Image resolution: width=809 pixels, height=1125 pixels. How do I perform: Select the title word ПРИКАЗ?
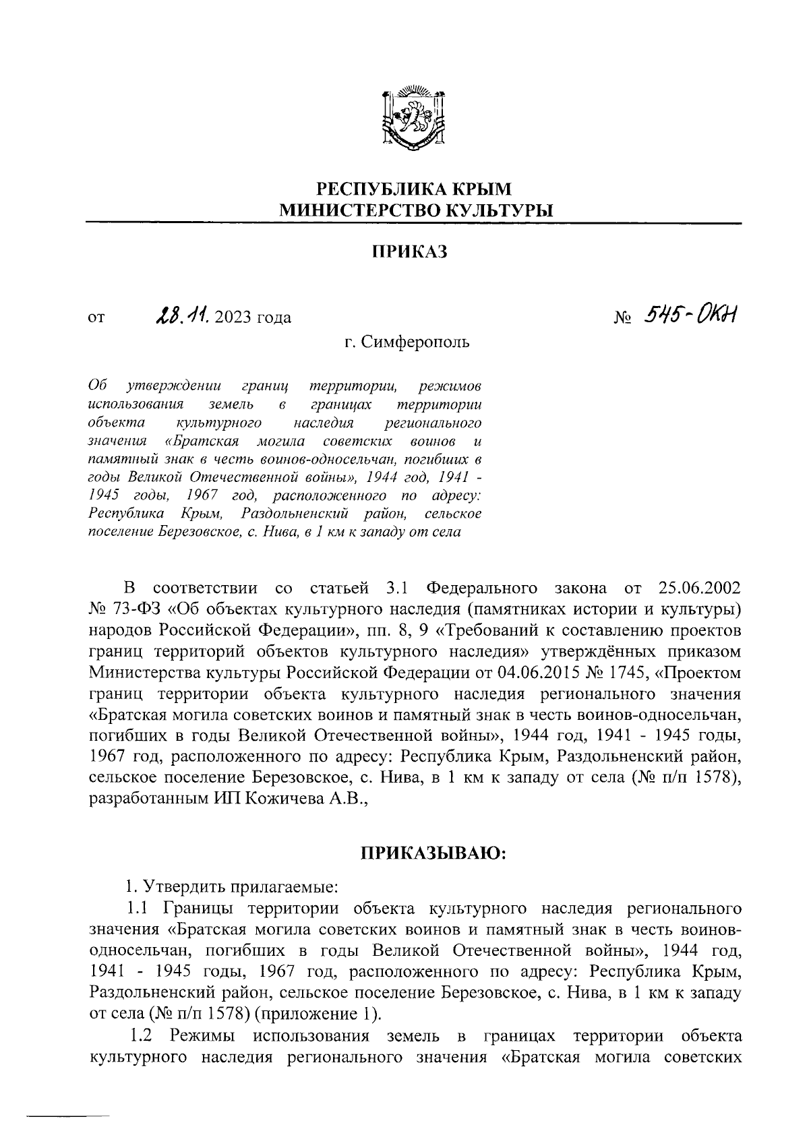(411, 252)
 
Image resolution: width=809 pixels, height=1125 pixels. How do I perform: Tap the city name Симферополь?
(416, 342)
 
